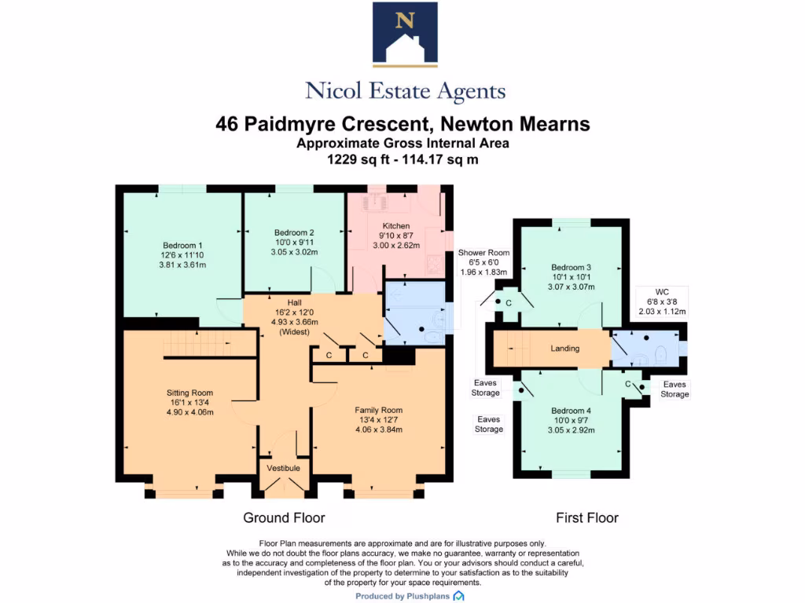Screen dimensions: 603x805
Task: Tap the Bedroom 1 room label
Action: pos(183,244)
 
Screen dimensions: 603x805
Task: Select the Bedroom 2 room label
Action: pos(294,232)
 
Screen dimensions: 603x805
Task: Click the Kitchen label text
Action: pos(396,226)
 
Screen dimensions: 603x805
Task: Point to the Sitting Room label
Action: pos(189,393)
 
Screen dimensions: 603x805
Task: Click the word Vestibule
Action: pos(284,468)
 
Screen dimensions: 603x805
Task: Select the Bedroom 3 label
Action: pos(571,267)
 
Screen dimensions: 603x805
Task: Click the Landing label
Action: pos(564,349)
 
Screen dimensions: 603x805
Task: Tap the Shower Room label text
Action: pos(484,253)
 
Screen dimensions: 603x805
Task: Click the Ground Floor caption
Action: pos(284,518)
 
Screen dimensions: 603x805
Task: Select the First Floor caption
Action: pos(586,518)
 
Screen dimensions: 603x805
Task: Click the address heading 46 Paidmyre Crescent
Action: pos(402,124)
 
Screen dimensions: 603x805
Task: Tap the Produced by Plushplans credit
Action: pos(403,597)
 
